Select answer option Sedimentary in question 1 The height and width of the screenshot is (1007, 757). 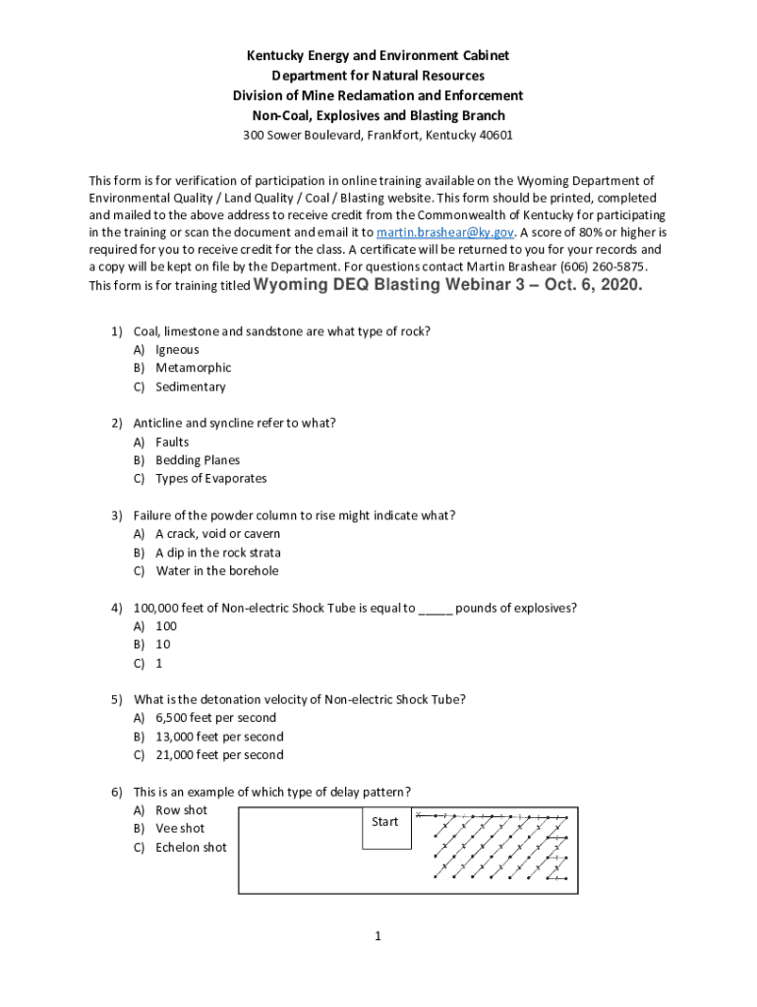(190, 386)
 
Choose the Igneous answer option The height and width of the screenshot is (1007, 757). (177, 349)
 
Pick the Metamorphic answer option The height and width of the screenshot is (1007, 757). (193, 368)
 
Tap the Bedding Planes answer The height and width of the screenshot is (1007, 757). (197, 460)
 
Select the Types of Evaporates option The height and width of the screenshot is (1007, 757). (210, 479)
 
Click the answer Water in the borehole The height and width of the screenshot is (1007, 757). (216, 571)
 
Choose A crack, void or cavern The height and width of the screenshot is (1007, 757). (216, 534)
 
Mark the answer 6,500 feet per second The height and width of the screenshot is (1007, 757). (215, 718)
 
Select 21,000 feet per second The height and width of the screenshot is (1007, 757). (219, 755)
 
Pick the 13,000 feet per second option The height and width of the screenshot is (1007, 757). (219, 737)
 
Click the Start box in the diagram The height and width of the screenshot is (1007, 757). (385, 822)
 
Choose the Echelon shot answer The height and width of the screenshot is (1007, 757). (191, 848)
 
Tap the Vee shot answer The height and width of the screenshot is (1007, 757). (180, 829)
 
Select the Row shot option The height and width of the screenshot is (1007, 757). (181, 810)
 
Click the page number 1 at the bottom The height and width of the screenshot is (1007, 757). (378, 936)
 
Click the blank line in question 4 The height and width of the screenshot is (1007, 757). (436, 609)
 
